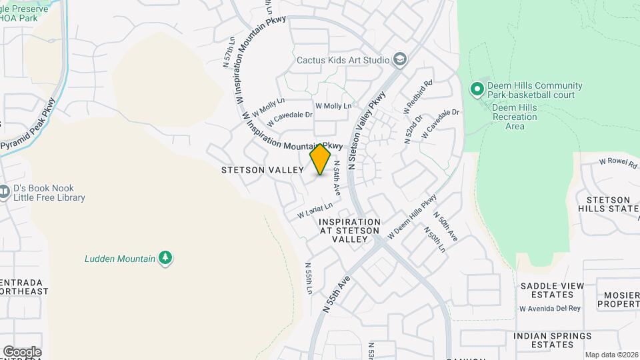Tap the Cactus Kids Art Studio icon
[399, 60]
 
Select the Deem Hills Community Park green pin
[477, 89]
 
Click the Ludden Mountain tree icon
[165, 258]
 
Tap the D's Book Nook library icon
[5, 192]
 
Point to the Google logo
[21, 351]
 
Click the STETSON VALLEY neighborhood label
[263, 171]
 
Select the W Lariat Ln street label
[315, 211]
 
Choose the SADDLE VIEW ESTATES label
[552, 291]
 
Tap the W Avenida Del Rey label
[550, 308]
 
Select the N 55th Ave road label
[336, 294]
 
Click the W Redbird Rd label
[418, 96]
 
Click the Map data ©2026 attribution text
[611, 355]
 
